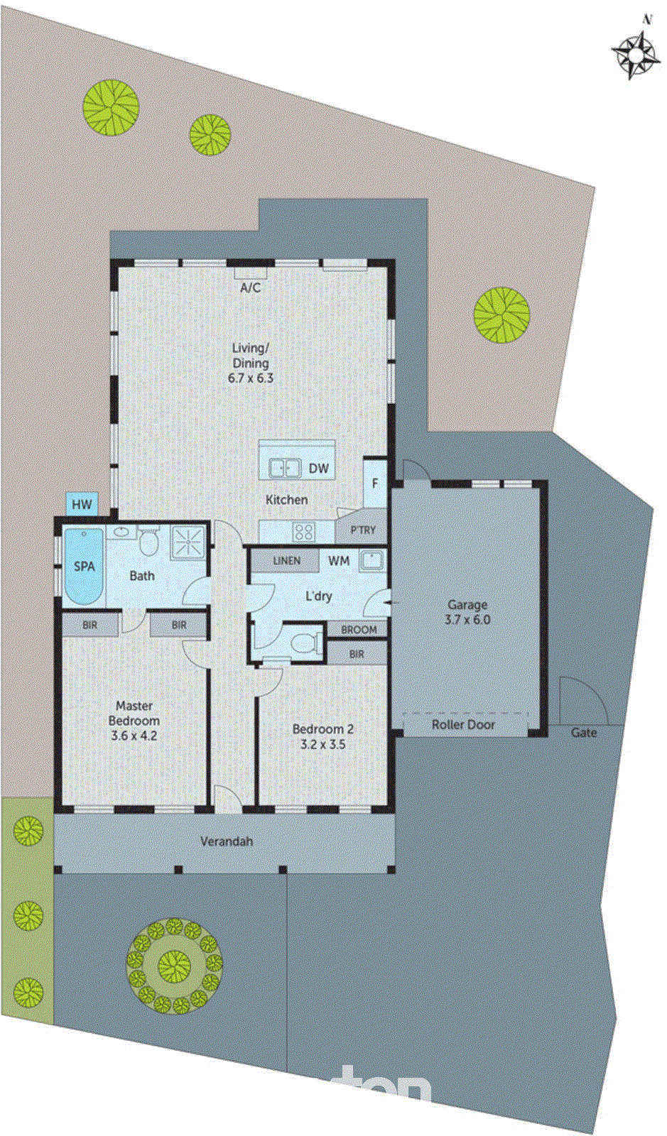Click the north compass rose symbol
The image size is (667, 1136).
[x=634, y=53]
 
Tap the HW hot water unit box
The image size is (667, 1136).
[x=82, y=504]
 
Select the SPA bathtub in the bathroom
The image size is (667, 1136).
[x=84, y=566]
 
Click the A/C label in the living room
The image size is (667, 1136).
[x=250, y=288]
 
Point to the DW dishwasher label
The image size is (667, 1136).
[x=319, y=469]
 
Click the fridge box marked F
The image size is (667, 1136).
[x=375, y=484]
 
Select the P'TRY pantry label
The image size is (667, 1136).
[x=363, y=530]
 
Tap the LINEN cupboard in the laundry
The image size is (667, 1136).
[x=286, y=560]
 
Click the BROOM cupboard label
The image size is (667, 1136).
[x=359, y=629]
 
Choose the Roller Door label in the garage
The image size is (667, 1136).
[x=463, y=724]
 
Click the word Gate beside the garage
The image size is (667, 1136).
[x=584, y=732]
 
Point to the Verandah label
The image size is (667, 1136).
[x=226, y=841]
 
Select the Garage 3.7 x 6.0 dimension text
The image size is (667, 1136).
[x=467, y=619]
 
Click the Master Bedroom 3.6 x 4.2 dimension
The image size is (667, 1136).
[x=134, y=736]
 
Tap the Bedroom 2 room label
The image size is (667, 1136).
[x=322, y=729]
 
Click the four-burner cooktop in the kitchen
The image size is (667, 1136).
[x=304, y=531]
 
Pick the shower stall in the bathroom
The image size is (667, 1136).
[x=188, y=543]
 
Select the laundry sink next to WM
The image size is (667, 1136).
[x=372, y=560]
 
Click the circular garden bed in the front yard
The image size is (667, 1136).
[x=174, y=966]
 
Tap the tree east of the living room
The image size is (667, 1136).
[x=502, y=315]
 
